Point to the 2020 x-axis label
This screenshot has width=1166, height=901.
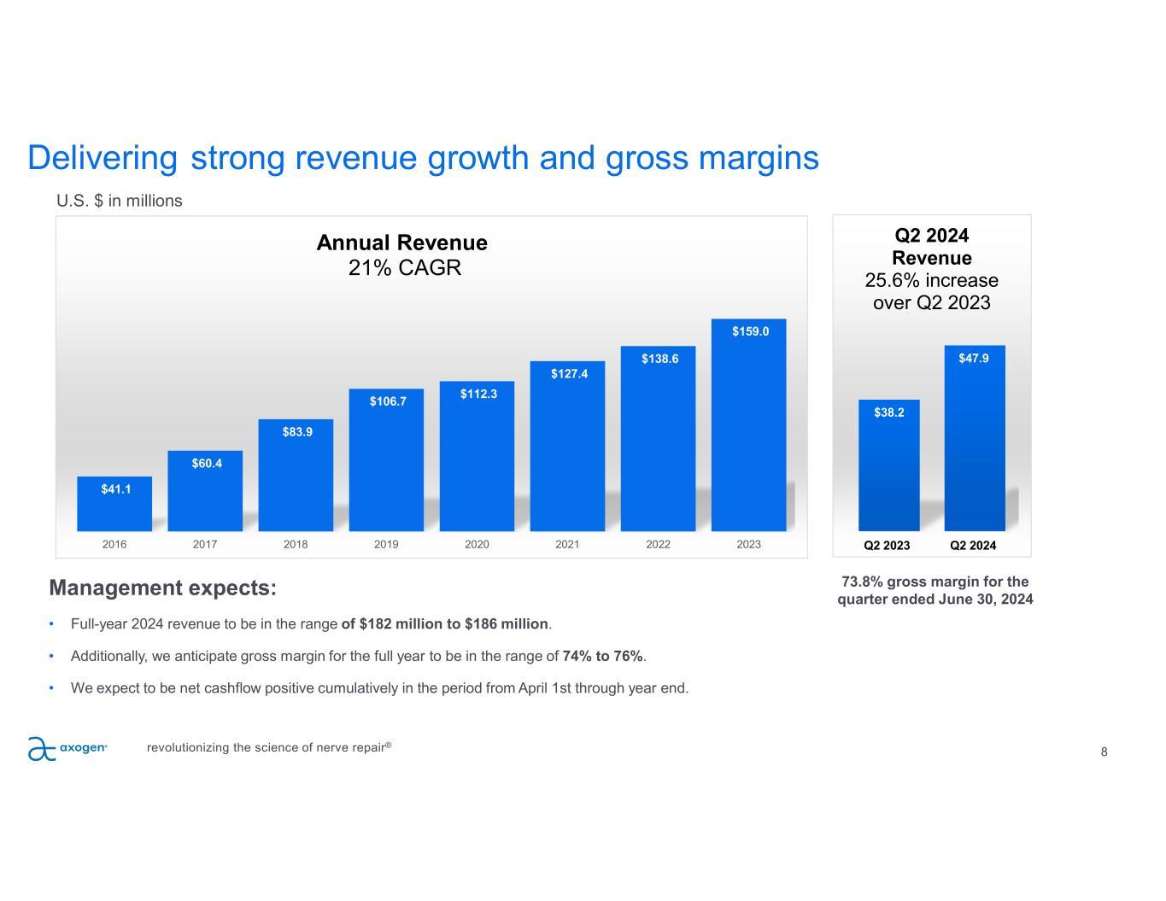[x=477, y=544]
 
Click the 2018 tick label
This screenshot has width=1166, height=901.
[x=296, y=544]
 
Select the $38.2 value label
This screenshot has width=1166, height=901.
[x=889, y=412]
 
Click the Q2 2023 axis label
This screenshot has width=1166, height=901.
[x=887, y=545]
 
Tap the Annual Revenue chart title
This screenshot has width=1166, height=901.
[x=401, y=243]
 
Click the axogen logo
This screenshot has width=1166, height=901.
[x=67, y=748]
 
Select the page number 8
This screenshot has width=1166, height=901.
[x=1104, y=752]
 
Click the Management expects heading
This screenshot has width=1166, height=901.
[x=163, y=588]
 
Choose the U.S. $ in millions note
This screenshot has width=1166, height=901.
[x=120, y=201]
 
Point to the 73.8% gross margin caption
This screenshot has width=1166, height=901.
[x=935, y=590]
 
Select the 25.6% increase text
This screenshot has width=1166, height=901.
[x=932, y=280]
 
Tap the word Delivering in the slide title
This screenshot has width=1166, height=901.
[x=103, y=158]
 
